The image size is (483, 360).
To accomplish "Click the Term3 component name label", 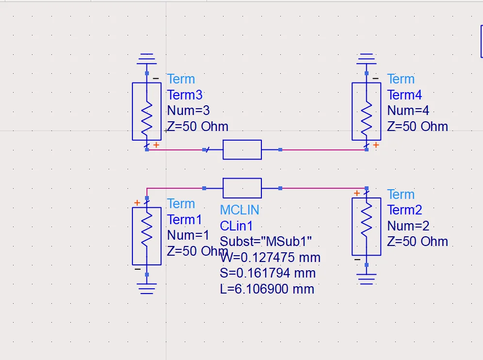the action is coord(185,95).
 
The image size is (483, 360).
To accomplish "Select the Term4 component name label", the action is coord(404,95).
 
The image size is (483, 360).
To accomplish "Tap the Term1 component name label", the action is coord(184,220).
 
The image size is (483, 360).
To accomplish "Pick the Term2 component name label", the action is coord(404,210).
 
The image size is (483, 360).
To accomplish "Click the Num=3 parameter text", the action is coord(188,111).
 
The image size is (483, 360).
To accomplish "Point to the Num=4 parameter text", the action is coord(408,111).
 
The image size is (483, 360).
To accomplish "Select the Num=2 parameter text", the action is coord(408,226).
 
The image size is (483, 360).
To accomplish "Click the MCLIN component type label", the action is coord(240,210).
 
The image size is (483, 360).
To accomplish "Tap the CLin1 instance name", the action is coord(236,226).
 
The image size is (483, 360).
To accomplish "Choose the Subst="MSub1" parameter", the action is coord(266,242).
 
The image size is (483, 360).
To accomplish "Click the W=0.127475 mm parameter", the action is coord(270,257).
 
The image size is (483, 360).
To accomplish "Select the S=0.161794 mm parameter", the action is coord(268,273).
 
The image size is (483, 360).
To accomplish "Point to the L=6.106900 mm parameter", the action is coord(267,289).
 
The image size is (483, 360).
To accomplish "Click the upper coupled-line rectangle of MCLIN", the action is coord(242,150).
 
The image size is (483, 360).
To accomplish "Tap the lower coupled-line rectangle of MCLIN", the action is coord(242,188).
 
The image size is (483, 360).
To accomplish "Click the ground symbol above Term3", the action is coord(146,59).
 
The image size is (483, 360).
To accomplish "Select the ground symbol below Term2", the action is coord(367,279).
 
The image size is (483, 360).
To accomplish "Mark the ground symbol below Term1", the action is coord(146,289).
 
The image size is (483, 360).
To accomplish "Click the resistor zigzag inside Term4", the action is coord(367,119).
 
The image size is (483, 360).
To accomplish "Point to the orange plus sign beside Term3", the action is coord(156,145).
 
